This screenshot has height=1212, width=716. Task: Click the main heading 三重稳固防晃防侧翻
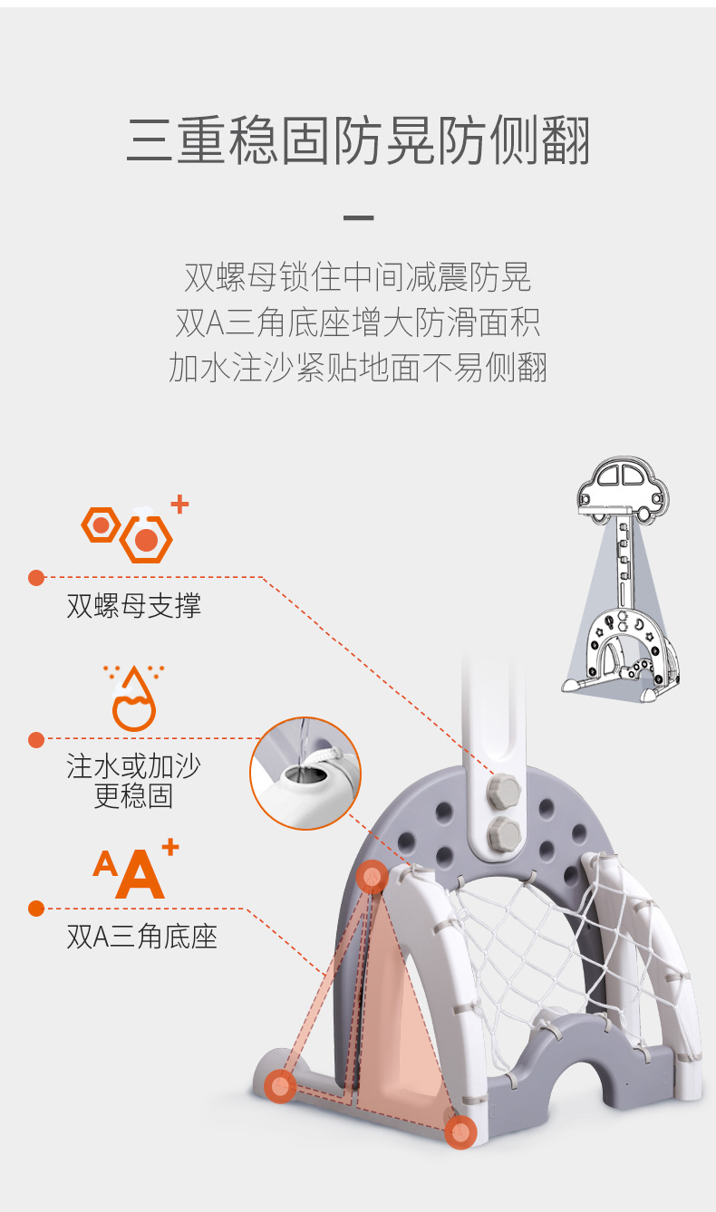pyautogui.click(x=358, y=139)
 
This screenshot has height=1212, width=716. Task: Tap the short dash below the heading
pyautogui.click(x=358, y=217)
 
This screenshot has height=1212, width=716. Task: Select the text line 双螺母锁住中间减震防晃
pyautogui.click(x=358, y=277)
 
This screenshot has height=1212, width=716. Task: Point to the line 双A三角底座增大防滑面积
pyautogui.click(x=358, y=322)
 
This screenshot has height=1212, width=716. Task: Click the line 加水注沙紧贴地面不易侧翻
pyautogui.click(x=358, y=368)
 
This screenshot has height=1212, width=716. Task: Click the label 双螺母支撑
pyautogui.click(x=133, y=605)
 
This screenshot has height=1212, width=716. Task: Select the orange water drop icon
pyautogui.click(x=133, y=698)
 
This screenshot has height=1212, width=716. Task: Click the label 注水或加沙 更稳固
pyautogui.click(x=133, y=781)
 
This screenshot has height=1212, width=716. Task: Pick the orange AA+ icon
pyautogui.click(x=135, y=870)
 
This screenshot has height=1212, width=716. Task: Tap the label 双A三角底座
pyautogui.click(x=141, y=937)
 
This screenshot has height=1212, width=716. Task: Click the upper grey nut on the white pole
pyautogui.click(x=503, y=791)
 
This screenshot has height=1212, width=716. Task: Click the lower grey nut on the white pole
pyautogui.click(x=504, y=833)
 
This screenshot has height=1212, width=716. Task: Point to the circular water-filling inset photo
pyautogui.click(x=305, y=774)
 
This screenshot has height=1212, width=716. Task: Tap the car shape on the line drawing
pyautogui.click(x=623, y=490)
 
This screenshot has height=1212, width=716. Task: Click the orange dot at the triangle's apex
pyautogui.click(x=373, y=877)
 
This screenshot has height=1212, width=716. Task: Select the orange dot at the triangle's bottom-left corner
pyautogui.click(x=280, y=1086)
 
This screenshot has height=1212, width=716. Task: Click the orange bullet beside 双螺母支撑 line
pyautogui.click(x=36, y=578)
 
